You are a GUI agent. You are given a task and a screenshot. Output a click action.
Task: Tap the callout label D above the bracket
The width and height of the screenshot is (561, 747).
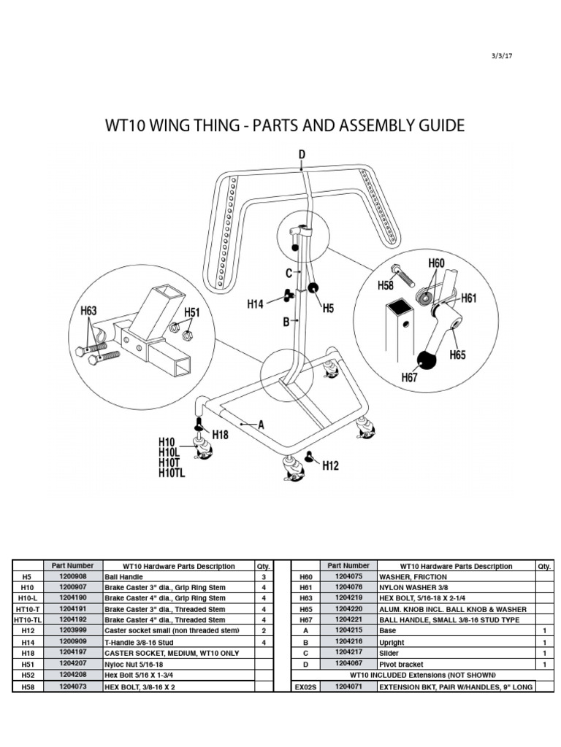click(302, 154)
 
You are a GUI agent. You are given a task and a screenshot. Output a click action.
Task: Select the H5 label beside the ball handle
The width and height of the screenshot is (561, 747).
click(328, 309)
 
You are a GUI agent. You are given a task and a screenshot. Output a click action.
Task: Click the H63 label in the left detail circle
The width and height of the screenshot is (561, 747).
click(89, 311)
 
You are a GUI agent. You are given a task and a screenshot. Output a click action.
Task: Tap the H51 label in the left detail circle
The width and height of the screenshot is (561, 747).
click(191, 313)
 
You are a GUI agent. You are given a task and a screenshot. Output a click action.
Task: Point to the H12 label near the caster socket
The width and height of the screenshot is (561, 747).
click(329, 465)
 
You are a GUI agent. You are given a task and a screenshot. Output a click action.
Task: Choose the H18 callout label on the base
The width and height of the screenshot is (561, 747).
click(220, 434)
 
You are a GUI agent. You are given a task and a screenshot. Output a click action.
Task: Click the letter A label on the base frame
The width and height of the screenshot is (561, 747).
click(261, 424)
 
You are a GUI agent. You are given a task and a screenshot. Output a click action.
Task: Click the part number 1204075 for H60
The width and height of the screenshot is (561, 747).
click(348, 576)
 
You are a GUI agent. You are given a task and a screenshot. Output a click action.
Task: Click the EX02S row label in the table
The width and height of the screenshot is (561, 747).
click(306, 687)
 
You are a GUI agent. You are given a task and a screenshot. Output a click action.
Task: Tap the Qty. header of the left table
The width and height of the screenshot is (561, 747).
click(262, 566)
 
